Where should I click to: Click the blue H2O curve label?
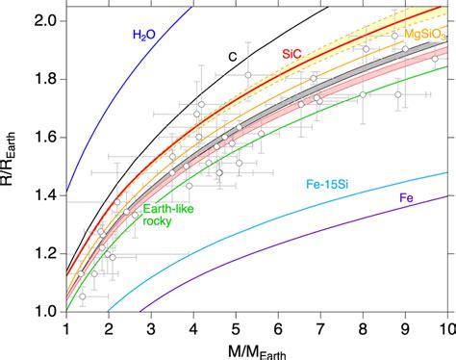click(144, 36)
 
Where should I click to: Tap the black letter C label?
click(232, 57)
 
